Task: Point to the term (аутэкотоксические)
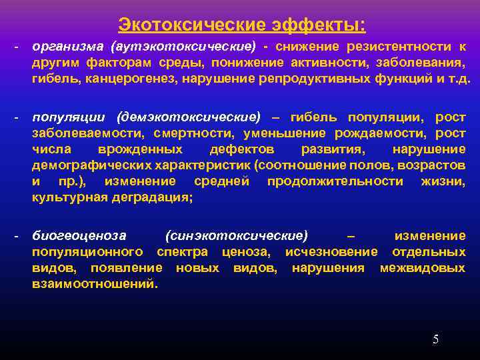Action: tap(183, 47)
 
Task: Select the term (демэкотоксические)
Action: tap(188, 118)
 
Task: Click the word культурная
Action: tap(66, 197)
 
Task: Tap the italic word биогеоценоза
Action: tap(79, 236)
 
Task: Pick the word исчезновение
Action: tap(331, 252)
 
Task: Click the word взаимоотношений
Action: tap(95, 284)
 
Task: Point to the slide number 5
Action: tap(435, 339)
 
